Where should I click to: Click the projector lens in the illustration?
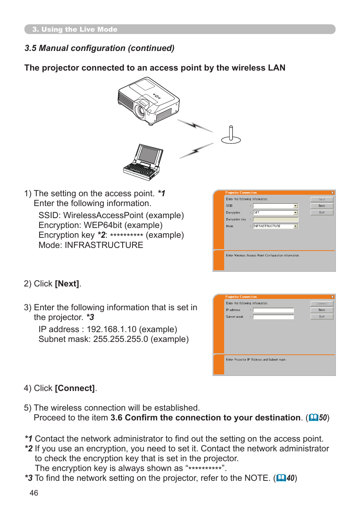point(140,111)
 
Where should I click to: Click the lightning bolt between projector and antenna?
point(195,125)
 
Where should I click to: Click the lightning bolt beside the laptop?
point(196,151)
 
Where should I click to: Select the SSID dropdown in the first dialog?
point(275,206)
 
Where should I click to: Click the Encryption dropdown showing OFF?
point(275,213)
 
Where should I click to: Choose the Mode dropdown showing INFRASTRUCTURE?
point(275,226)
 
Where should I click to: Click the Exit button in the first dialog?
point(322,212)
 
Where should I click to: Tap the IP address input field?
point(273,310)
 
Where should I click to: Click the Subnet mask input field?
point(273,317)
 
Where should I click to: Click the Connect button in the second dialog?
point(322,303)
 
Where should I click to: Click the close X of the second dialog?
point(332,297)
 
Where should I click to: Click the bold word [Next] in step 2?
point(67,284)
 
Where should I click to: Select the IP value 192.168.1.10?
point(111,329)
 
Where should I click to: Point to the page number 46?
point(34,493)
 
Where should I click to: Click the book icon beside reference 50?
point(313,418)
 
